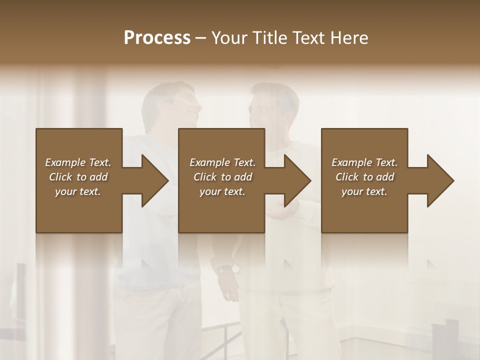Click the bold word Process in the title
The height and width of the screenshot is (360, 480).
click(x=157, y=38)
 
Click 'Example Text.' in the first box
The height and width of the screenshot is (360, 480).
click(x=78, y=162)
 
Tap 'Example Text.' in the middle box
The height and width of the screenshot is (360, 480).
click(x=222, y=162)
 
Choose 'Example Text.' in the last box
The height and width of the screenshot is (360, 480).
click(x=364, y=162)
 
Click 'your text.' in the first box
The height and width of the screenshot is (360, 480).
click(x=78, y=191)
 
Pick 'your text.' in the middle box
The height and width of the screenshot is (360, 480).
click(x=222, y=191)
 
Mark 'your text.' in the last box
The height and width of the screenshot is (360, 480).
click(x=364, y=191)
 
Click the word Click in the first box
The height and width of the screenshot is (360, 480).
click(x=60, y=177)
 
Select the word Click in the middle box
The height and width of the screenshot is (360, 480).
click(x=205, y=177)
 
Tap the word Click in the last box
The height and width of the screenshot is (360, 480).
click(x=347, y=177)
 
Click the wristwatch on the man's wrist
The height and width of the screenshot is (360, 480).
click(x=224, y=269)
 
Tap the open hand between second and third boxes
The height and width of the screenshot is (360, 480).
click(x=282, y=213)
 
